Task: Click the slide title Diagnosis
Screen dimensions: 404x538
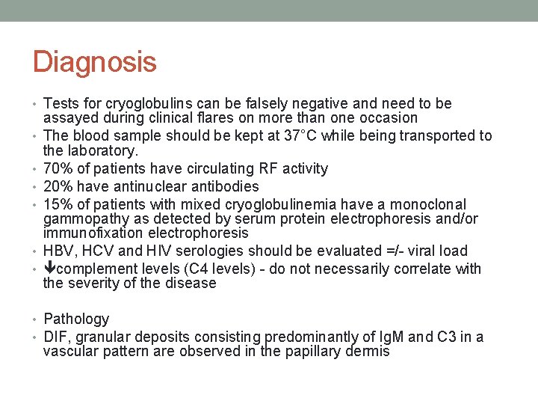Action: (x=94, y=61)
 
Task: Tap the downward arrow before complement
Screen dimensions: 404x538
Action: (x=50, y=269)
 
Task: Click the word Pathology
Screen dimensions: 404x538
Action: (x=76, y=319)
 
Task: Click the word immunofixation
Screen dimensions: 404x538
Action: (x=90, y=233)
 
